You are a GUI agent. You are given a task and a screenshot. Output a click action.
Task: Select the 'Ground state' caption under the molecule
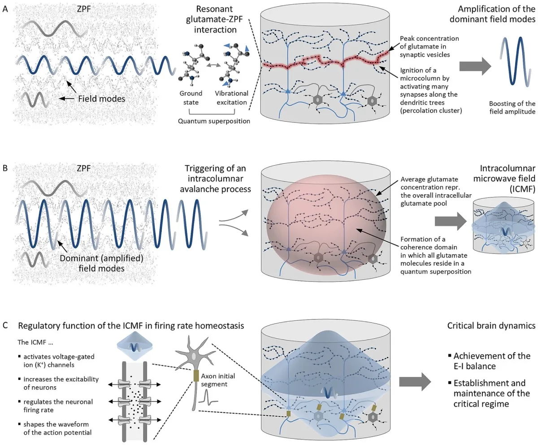[191, 97]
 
